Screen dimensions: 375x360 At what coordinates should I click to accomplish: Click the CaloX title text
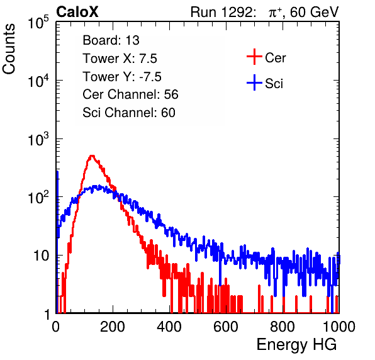pyautogui.click(x=77, y=12)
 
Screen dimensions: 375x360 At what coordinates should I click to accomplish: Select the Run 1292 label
pyautogui.click(x=221, y=12)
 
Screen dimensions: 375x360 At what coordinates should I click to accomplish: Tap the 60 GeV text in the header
pyautogui.click(x=314, y=12)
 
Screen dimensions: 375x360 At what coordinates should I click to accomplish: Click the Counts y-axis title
pyautogui.click(x=9, y=49)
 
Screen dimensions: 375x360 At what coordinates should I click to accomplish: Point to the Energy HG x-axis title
pyautogui.click(x=296, y=345)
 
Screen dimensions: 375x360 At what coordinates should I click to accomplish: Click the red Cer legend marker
pyautogui.click(x=254, y=57)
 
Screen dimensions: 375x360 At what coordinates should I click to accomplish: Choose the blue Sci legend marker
pyautogui.click(x=254, y=83)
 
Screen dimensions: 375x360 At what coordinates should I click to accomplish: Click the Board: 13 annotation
pyautogui.click(x=111, y=40)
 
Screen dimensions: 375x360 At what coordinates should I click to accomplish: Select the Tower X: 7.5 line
pyautogui.click(x=120, y=59)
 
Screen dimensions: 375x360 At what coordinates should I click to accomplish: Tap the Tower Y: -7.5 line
pyautogui.click(x=122, y=77)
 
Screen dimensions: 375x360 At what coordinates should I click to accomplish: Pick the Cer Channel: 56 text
pyautogui.click(x=130, y=94)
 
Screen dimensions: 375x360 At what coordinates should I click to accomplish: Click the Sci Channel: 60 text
pyautogui.click(x=129, y=113)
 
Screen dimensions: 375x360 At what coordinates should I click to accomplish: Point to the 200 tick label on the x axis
pyautogui.click(x=113, y=327)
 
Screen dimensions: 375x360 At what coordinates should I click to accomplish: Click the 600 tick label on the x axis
pyautogui.click(x=226, y=327)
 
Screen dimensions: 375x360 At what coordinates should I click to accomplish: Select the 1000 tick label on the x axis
pyautogui.click(x=339, y=327)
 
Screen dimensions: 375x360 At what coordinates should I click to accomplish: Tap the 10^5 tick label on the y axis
pyautogui.click(x=38, y=23)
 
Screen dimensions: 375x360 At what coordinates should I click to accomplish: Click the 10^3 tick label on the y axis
pyautogui.click(x=38, y=139)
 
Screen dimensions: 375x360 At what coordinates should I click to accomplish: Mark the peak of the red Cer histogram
pyautogui.click(x=92, y=155)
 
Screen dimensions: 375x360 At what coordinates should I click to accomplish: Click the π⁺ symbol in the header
pyautogui.click(x=274, y=12)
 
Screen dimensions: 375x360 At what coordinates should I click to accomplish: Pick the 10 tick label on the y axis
pyautogui.click(x=41, y=256)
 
